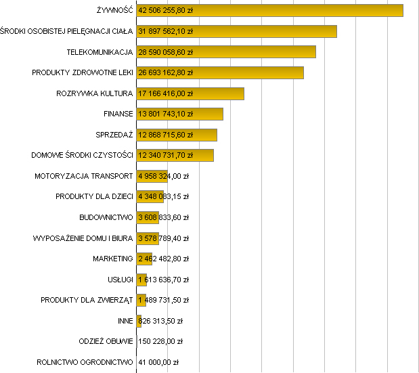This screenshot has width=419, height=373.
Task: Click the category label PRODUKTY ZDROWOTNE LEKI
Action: [x=82, y=72]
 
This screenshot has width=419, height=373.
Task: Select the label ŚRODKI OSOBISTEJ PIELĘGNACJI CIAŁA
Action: [x=66, y=31]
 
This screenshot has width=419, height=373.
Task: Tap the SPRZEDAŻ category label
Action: [x=114, y=135]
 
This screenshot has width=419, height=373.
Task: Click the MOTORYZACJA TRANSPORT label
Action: [x=83, y=176]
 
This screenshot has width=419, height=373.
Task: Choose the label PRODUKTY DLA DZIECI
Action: [x=94, y=197]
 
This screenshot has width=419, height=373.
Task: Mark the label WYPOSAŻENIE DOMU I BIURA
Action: [x=83, y=238]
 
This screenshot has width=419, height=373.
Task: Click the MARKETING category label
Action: [x=112, y=259]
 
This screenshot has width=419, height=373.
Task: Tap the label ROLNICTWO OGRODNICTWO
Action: [x=85, y=362]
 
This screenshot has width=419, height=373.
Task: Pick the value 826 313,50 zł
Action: [x=160, y=321]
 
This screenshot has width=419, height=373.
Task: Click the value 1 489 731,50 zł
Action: [x=163, y=300]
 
